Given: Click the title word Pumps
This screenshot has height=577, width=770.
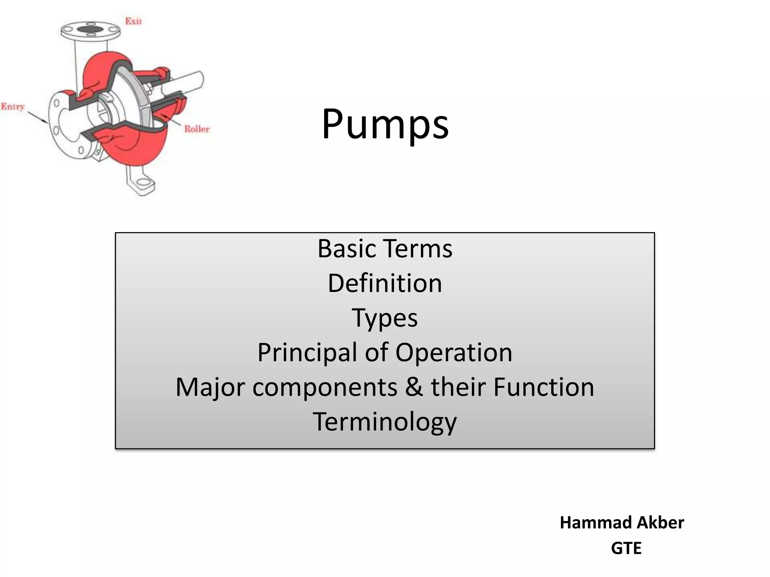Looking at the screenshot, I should [385, 124].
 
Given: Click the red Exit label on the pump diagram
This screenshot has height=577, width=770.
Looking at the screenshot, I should [133, 21].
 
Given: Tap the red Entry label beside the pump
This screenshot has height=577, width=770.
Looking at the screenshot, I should [13, 107].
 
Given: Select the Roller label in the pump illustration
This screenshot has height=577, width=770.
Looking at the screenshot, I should [197, 129].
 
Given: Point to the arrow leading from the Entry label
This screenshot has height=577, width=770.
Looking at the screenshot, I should [38, 116].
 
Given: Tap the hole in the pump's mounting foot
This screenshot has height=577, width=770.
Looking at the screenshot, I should [143, 183].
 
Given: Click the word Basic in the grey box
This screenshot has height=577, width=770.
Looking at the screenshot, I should [346, 249].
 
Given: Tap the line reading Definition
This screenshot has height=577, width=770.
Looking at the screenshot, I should [385, 283].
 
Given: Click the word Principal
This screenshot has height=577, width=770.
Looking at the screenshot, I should [307, 352].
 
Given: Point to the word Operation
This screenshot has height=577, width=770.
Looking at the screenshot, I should [454, 352].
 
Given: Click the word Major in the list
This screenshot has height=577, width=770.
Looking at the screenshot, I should [210, 387].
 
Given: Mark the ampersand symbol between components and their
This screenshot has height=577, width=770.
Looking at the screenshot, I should [414, 387].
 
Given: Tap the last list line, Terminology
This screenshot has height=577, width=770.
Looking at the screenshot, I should [385, 422].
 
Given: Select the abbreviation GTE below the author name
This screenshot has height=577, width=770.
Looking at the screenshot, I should [626, 548].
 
